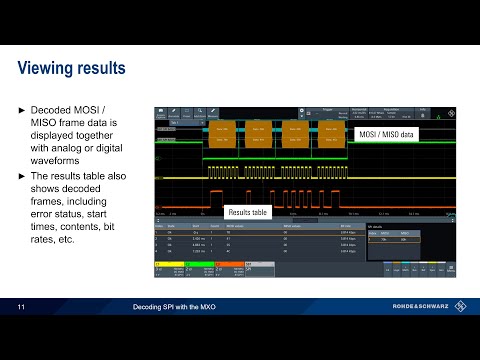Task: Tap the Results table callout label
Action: click(x=249, y=212)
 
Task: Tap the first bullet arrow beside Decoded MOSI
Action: click(x=23, y=108)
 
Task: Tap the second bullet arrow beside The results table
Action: click(x=23, y=176)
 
